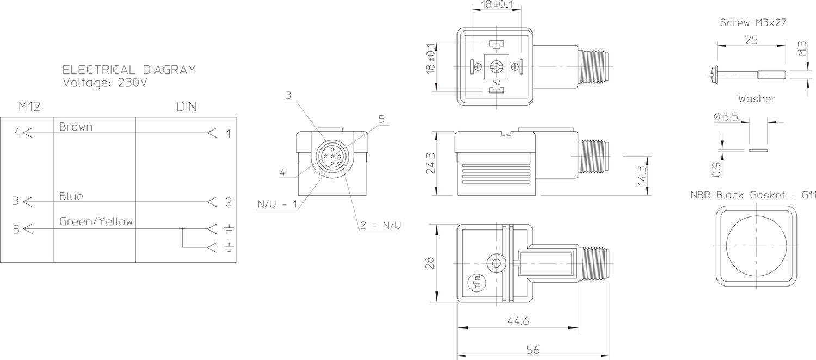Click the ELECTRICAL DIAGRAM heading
(x=129, y=70)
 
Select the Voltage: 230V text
(x=105, y=83)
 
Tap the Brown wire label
(x=76, y=127)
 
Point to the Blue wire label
(x=71, y=196)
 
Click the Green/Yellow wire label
(x=96, y=221)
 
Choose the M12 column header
(x=29, y=107)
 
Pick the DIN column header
(x=187, y=107)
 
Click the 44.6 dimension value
(x=518, y=321)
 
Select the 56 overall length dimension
(x=533, y=350)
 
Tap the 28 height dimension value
(x=430, y=263)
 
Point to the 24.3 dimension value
(x=431, y=163)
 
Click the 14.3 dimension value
(x=642, y=176)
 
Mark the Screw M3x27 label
(x=753, y=23)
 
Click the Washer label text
(x=757, y=98)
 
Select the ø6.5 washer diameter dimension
(x=726, y=116)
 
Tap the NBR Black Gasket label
(x=753, y=195)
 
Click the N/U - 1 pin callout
(x=277, y=204)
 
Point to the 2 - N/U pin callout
(x=381, y=225)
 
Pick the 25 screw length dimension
(x=751, y=40)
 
